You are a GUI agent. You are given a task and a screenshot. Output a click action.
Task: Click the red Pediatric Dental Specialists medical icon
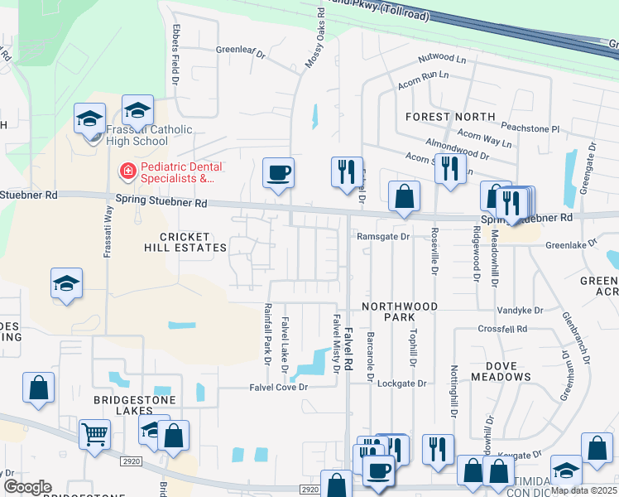pos(127,171)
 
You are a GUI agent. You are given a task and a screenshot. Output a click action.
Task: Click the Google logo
pos(27,487)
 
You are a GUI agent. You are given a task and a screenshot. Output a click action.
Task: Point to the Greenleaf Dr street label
pos(240,51)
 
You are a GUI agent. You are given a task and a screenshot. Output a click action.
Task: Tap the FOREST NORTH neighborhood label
pos(450,117)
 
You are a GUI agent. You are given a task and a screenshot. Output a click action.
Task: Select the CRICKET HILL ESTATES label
pos(182,242)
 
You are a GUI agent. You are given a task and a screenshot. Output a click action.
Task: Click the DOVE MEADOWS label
pos(501,370)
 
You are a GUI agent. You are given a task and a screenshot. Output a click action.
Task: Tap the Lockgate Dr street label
pos(401,384)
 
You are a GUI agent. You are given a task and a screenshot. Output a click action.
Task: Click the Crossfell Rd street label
pos(502,329)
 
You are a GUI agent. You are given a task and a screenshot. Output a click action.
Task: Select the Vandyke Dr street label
pos(520,311)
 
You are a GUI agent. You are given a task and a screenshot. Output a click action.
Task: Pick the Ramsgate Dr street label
pos(383,236)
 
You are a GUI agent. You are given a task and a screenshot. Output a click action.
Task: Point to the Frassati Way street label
pos(107,233)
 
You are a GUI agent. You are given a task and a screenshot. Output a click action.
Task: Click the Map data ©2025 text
pos(583,490)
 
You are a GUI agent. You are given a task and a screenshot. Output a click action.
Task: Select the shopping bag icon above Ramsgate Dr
pos(403,197)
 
